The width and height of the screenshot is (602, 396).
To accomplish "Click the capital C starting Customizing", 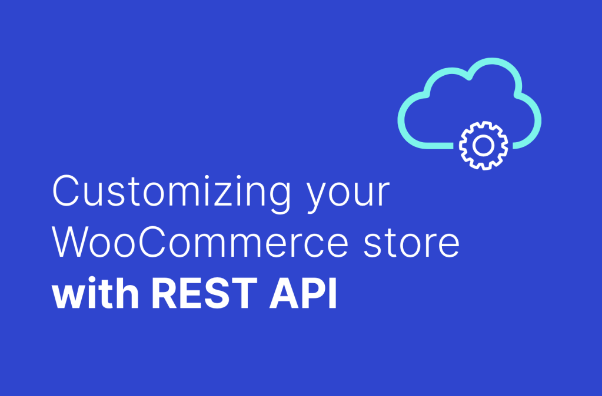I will coord(66,192).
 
